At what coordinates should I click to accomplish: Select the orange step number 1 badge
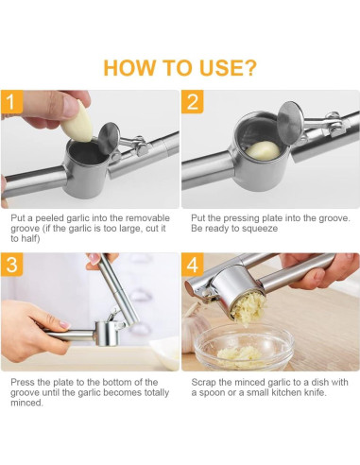(11, 101)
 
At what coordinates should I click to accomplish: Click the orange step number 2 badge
(193, 101)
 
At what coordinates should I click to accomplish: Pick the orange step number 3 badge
(11, 264)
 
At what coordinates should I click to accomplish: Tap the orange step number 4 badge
(193, 264)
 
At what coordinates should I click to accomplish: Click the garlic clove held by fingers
(77, 122)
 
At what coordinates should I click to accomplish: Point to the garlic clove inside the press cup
(263, 150)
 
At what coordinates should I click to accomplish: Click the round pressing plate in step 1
(109, 138)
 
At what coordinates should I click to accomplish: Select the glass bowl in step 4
(244, 347)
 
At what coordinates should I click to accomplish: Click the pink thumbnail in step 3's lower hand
(65, 324)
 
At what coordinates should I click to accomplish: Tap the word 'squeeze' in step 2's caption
(261, 229)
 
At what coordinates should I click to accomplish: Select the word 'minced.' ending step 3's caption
(26, 403)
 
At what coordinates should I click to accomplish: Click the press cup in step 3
(108, 334)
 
